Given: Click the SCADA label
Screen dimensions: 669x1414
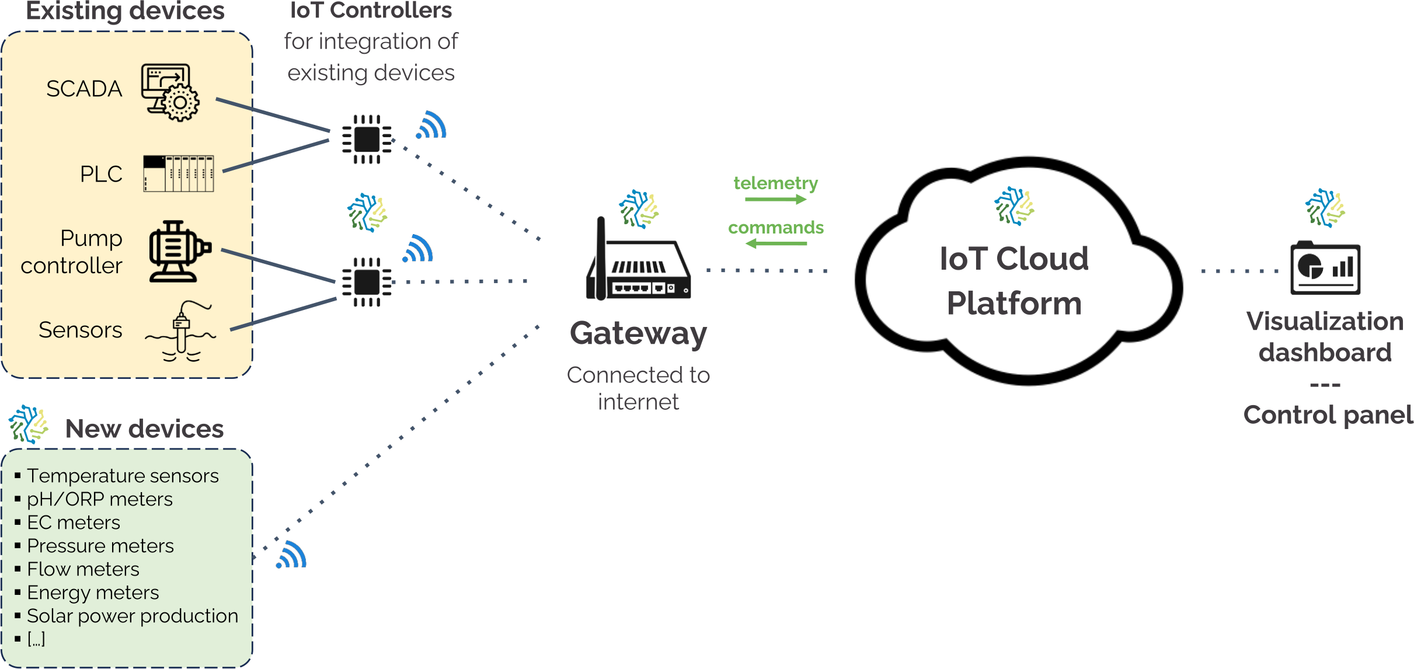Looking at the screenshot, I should [84, 89].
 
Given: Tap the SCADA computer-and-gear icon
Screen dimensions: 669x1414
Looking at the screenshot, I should [170, 92].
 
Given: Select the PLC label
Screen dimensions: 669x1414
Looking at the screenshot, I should [101, 174].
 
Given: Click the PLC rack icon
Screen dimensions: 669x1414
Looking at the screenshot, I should [179, 173].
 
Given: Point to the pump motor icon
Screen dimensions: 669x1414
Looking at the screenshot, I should [179, 252].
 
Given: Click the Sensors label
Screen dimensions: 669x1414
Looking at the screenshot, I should [81, 330].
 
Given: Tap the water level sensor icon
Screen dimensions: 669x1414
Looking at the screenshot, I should [181, 332].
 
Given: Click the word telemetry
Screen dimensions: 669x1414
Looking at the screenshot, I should [776, 183].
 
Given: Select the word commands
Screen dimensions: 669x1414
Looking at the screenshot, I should [776, 228].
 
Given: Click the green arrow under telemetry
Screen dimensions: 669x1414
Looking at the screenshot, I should [776, 200].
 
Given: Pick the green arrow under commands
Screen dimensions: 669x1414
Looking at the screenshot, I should [776, 243].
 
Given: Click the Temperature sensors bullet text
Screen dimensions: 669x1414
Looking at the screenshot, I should [123, 476].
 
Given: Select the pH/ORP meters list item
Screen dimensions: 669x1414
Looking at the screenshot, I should [100, 500].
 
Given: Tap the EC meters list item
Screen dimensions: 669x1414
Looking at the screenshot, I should [74, 523].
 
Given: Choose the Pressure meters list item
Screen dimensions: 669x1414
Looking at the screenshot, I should [100, 546].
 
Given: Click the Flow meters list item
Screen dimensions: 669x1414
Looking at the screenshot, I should [83, 570].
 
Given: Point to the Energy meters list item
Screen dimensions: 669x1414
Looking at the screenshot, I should [93, 593].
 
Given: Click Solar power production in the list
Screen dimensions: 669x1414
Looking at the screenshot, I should [133, 616].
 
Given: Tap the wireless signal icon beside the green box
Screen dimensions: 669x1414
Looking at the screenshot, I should [291, 555].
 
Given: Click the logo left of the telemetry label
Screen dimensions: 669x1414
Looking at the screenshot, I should [639, 209].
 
